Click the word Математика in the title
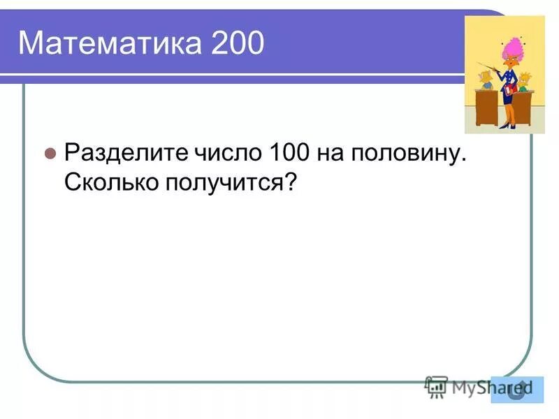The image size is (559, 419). pyautogui.click(x=104, y=43)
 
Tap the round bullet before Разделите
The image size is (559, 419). pyautogui.click(x=50, y=153)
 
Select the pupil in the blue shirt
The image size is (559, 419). pyautogui.click(x=486, y=81)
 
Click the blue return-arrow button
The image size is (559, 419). pyautogui.click(x=516, y=389)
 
